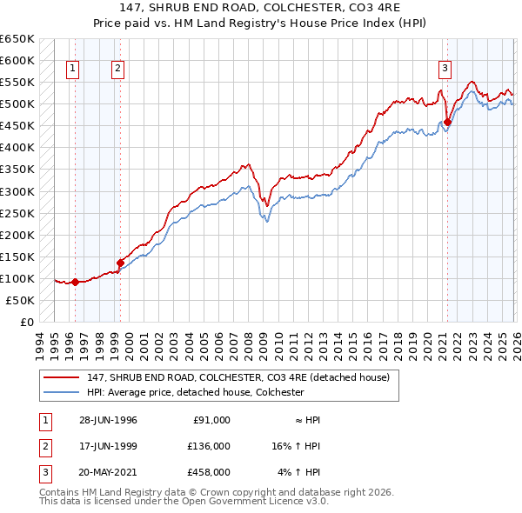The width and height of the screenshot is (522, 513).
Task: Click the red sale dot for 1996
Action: tap(76, 282)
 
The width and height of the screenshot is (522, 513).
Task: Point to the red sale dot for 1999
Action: tap(120, 262)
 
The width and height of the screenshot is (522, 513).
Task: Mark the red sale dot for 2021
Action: tap(447, 122)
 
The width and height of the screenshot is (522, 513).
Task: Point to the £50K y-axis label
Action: tap(20, 300)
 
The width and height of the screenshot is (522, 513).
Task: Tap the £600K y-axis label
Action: tap(17, 61)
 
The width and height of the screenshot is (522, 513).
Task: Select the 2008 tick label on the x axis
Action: tap(248, 345)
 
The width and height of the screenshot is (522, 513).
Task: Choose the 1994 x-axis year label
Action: tap(40, 345)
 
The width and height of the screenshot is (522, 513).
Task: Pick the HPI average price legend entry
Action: tap(195, 392)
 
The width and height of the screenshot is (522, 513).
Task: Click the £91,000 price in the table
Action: tap(211, 420)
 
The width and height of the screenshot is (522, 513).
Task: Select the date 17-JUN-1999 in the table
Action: tap(108, 446)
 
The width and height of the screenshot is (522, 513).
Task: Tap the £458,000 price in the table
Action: tap(209, 472)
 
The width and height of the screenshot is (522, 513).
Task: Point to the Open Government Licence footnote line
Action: tap(184, 502)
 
